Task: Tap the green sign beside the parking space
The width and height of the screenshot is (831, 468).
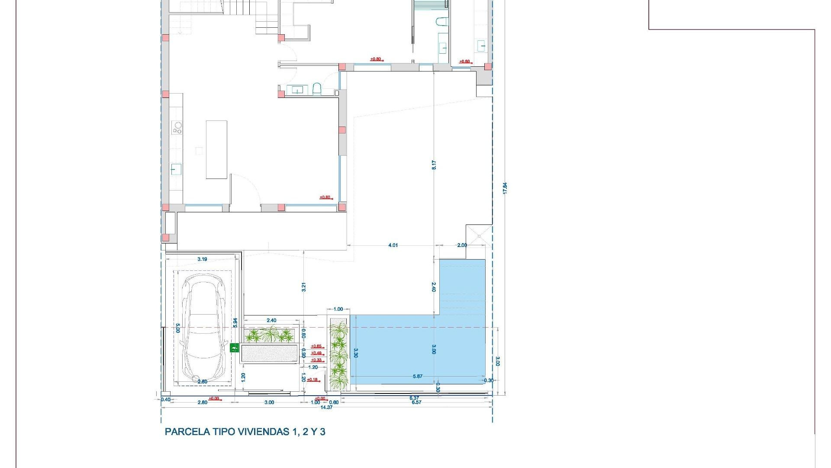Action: (x=234, y=347)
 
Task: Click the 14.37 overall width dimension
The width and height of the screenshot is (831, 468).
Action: (x=326, y=407)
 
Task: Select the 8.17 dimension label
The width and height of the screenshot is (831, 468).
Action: (x=434, y=165)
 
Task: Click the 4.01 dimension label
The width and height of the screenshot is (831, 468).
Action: (x=393, y=245)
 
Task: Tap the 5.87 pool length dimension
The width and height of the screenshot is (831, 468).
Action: (x=418, y=376)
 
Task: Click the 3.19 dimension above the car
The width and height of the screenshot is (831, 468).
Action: (x=202, y=259)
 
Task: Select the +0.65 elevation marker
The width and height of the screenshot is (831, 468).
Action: (x=316, y=346)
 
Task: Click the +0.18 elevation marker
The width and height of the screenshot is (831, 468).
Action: (x=312, y=380)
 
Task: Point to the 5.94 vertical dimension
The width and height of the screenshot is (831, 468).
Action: (x=235, y=322)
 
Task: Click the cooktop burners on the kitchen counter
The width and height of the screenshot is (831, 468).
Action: (x=177, y=127)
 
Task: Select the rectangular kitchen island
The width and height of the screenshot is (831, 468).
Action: (x=216, y=149)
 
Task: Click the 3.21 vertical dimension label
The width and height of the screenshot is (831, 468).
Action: (x=304, y=287)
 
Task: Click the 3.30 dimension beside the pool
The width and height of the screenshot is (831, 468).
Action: (x=356, y=353)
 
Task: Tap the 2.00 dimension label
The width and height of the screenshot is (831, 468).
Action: (x=462, y=245)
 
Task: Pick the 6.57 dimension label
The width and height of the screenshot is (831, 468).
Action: (x=416, y=402)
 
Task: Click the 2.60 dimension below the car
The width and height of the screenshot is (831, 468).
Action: (x=202, y=382)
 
